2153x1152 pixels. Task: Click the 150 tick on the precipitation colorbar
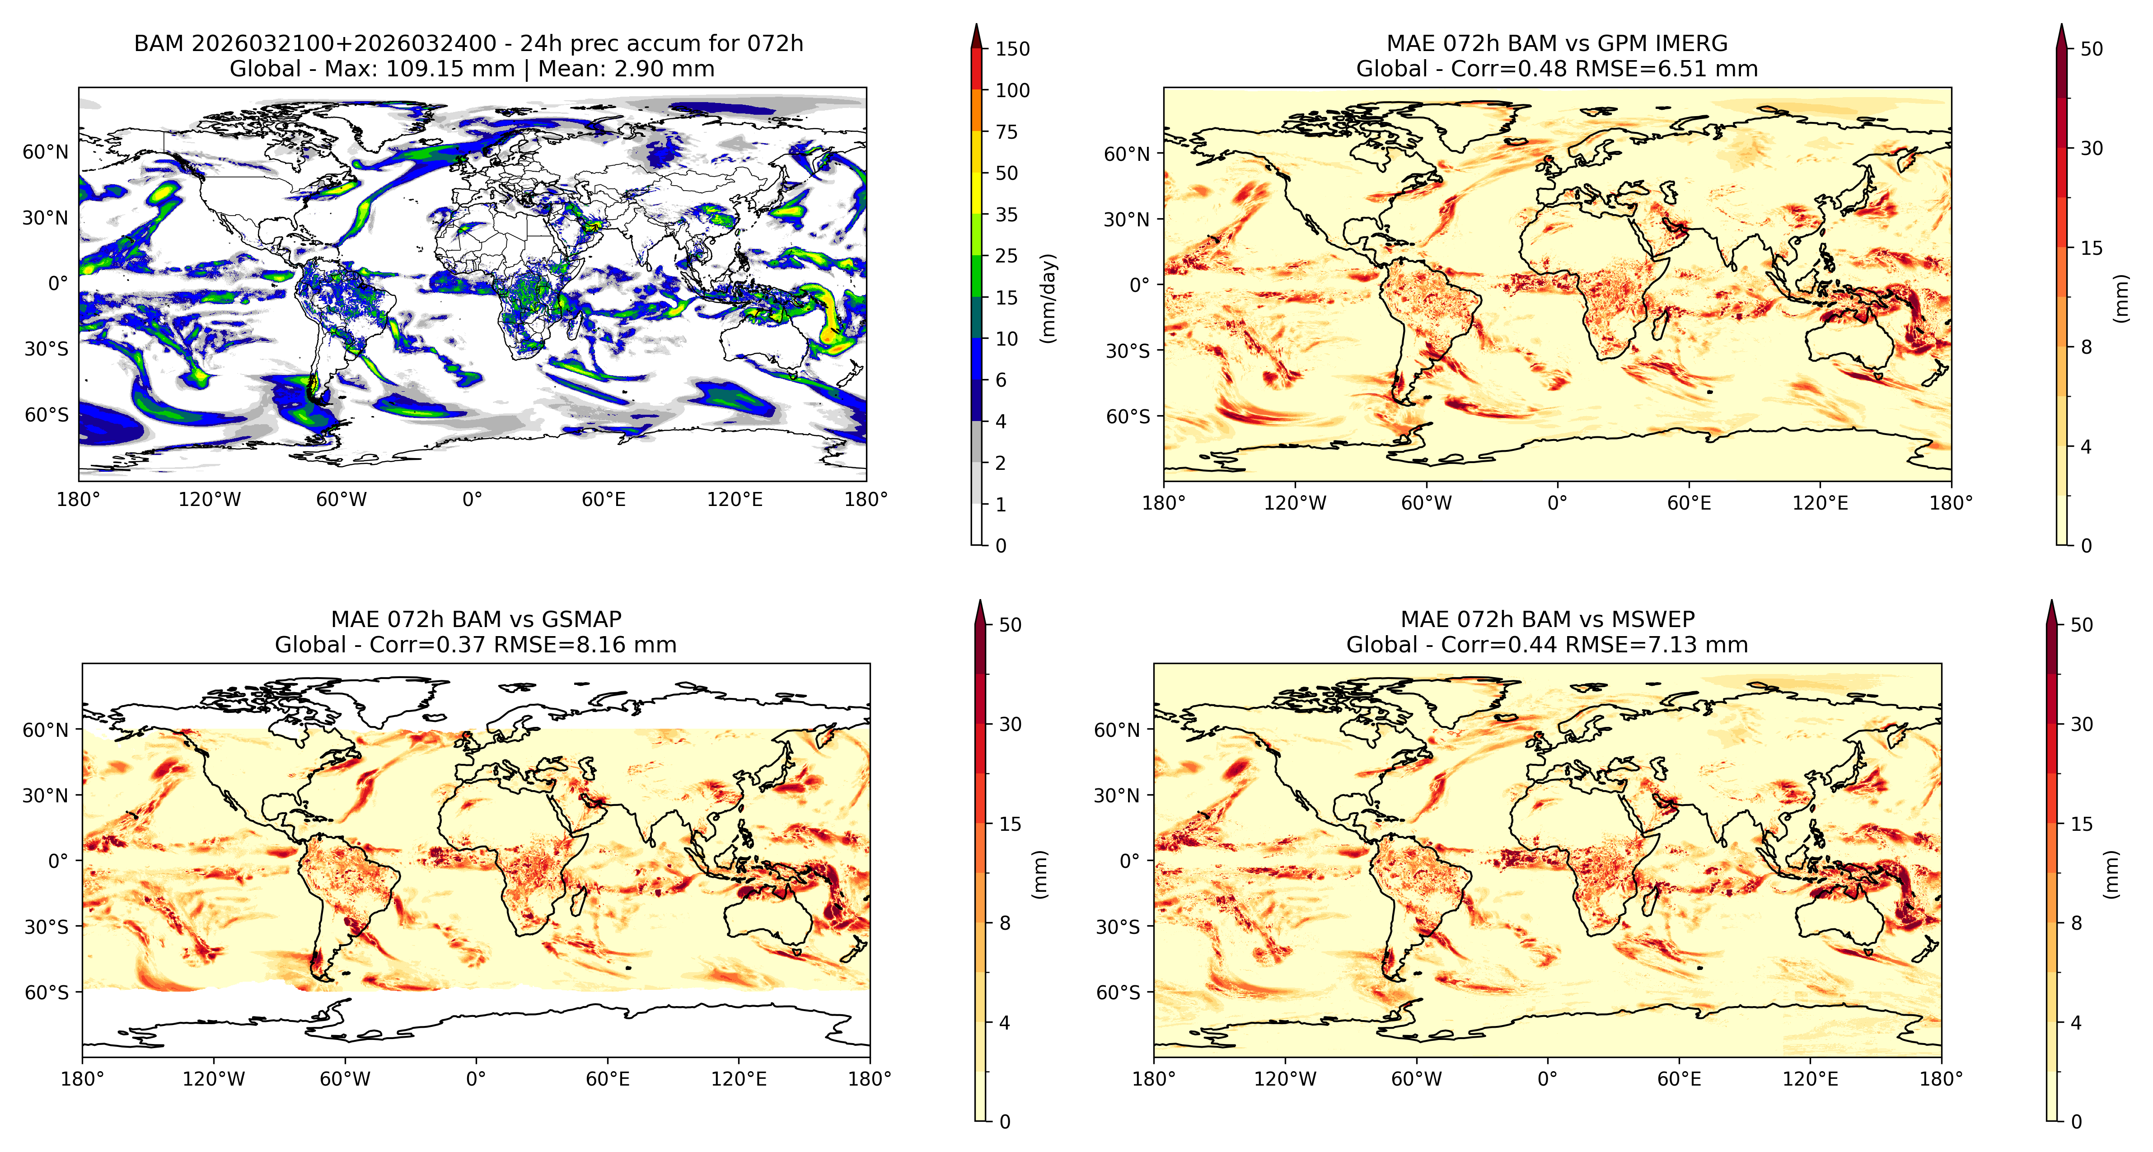pyautogui.click(x=1012, y=49)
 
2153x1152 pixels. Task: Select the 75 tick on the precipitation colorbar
pyautogui.click(x=1006, y=132)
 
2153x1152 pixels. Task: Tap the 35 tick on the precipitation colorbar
pyautogui.click(x=1006, y=215)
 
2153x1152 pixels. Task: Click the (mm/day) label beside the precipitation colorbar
pyautogui.click(x=1048, y=298)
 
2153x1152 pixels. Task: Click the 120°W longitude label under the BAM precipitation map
pyautogui.click(x=210, y=500)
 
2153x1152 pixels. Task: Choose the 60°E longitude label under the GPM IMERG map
pyautogui.click(x=1689, y=503)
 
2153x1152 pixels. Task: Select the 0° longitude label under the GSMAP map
pyautogui.click(x=476, y=1079)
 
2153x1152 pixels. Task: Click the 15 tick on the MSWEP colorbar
pyautogui.click(x=2082, y=824)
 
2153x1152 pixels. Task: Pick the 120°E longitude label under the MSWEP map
pyautogui.click(x=1810, y=1079)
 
